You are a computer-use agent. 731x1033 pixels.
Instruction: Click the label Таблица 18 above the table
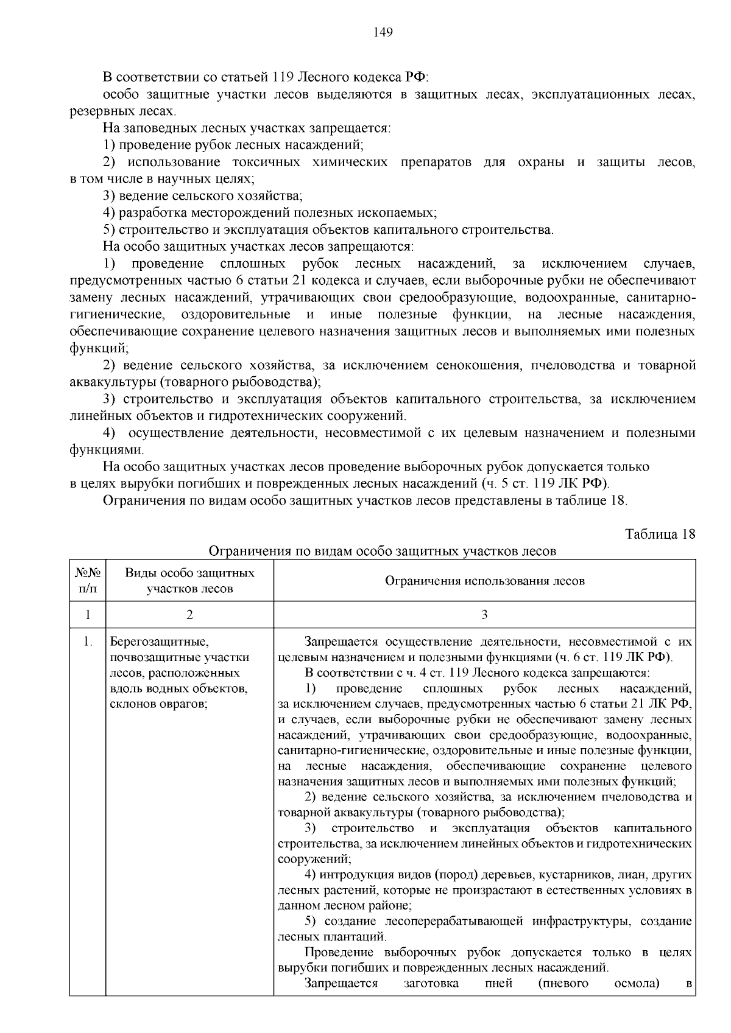tap(660, 534)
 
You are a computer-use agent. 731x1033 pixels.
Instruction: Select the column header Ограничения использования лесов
tap(484, 581)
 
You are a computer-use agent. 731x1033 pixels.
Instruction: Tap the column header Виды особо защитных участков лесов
tap(189, 581)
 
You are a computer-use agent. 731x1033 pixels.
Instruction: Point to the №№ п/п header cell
tap(88, 581)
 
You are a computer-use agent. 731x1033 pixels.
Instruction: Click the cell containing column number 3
tap(484, 615)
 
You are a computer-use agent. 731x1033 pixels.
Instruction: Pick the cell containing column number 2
tap(189, 615)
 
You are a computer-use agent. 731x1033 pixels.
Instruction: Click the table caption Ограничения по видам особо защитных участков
tap(382, 552)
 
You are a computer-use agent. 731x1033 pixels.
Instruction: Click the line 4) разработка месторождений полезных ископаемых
tap(270, 213)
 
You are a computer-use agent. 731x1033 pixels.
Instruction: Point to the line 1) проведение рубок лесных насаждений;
tap(233, 145)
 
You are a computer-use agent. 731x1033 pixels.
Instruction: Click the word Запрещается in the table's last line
tap(341, 984)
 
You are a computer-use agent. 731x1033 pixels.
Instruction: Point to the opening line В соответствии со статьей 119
tap(266, 78)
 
